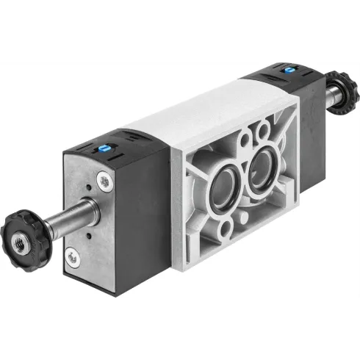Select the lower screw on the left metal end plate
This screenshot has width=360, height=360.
point(72,256)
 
